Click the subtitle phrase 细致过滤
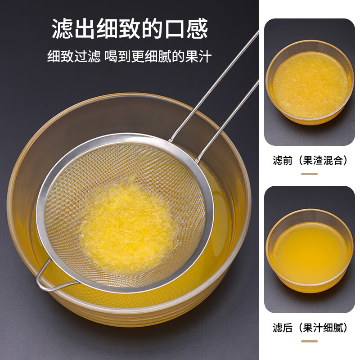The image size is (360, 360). (74, 56)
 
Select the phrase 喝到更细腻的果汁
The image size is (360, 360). (158, 56)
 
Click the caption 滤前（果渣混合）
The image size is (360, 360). (310, 160)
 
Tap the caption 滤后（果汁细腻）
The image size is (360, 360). (310, 328)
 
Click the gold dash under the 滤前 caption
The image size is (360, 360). (309, 174)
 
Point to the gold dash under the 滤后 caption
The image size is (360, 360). (309, 341)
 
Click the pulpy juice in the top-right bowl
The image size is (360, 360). (310, 85)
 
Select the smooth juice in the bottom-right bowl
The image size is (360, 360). (310, 254)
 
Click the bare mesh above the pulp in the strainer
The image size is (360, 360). (130, 162)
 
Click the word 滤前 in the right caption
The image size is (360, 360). (282, 160)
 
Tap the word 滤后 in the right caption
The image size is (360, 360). (282, 328)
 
